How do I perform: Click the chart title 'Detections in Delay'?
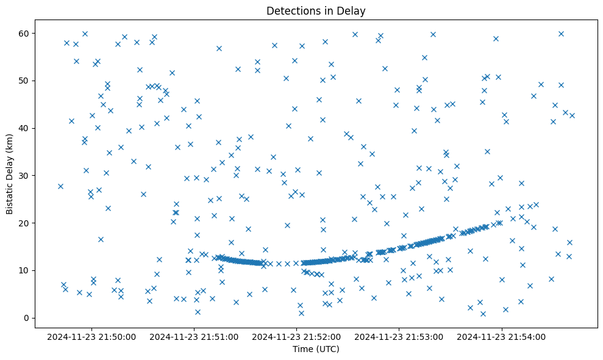pyautogui.click(x=316, y=10)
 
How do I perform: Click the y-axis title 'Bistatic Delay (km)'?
pyautogui.click(x=10, y=174)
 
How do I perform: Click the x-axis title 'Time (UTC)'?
pyautogui.click(x=316, y=349)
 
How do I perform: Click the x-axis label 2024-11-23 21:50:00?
pyautogui.click(x=91, y=336)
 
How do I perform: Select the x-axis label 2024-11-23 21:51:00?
pyautogui.click(x=194, y=336)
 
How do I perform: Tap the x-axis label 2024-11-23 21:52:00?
pyautogui.click(x=297, y=336)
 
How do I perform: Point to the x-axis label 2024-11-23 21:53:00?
pyautogui.click(x=399, y=336)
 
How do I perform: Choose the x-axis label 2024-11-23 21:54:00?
pyautogui.click(x=502, y=336)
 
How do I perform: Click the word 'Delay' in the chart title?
pyautogui.click(x=353, y=10)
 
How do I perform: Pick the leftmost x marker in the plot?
pyautogui.click(x=60, y=186)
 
